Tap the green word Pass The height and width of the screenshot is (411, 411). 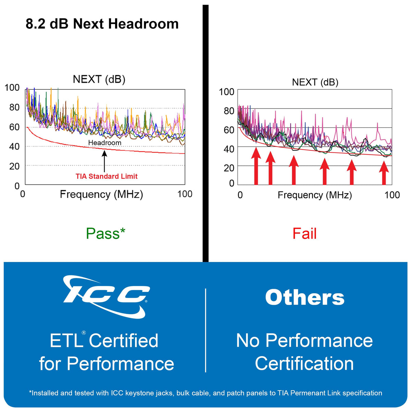click(x=103, y=234)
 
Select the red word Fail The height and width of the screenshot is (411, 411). click(x=304, y=234)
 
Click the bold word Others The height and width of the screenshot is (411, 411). click(x=304, y=298)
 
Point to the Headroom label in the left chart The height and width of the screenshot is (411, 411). click(x=105, y=143)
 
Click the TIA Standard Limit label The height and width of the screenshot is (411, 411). click(x=107, y=176)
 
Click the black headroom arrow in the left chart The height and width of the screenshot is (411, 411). click(x=104, y=161)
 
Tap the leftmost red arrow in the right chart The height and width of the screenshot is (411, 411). click(x=256, y=166)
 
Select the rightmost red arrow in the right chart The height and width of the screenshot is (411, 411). click(x=384, y=173)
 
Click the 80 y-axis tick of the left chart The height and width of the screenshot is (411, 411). click(x=14, y=107)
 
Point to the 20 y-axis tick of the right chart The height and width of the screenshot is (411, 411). click(x=229, y=168)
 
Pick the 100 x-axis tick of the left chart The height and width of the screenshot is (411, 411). click(x=185, y=194)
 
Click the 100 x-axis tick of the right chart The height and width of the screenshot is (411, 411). click(x=392, y=195)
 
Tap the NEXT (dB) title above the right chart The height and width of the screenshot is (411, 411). click(x=315, y=82)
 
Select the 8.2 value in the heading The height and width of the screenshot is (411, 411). click(x=35, y=24)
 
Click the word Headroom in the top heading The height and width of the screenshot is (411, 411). click(x=143, y=24)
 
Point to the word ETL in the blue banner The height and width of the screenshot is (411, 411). click(x=66, y=340)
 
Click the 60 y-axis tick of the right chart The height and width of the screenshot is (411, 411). click(x=229, y=130)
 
